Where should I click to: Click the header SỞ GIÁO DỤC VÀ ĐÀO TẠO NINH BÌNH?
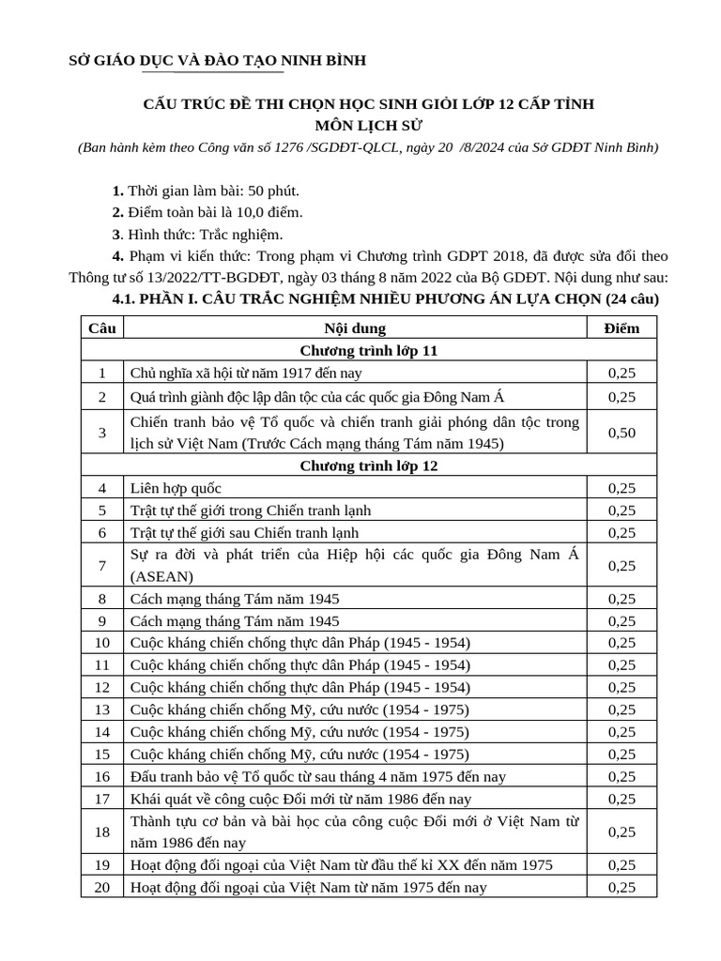click(218, 61)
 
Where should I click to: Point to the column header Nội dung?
click(355, 328)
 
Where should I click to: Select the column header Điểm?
click(621, 328)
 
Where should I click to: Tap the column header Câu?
click(101, 328)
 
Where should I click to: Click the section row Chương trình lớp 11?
click(369, 350)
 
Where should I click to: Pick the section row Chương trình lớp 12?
click(369, 465)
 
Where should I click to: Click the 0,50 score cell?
click(621, 433)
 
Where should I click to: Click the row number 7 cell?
click(101, 566)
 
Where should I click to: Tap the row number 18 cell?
click(101, 831)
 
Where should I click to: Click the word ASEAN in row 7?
click(162, 576)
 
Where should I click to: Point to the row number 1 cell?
click(101, 373)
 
